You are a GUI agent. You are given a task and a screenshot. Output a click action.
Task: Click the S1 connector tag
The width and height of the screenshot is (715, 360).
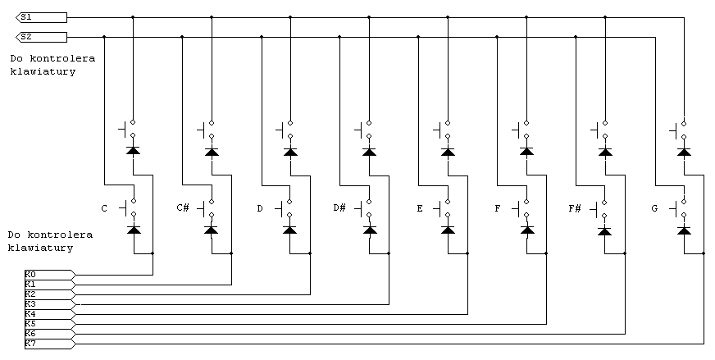tap(42, 17)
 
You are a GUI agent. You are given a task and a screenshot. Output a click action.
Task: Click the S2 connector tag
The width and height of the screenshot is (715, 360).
tap(42, 37)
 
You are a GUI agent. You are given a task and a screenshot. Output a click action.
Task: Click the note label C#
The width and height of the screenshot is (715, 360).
tap(183, 208)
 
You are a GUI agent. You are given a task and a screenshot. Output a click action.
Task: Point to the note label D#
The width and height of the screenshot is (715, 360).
tap(339, 208)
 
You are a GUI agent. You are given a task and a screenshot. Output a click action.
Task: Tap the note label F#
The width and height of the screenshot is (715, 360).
tap(575, 208)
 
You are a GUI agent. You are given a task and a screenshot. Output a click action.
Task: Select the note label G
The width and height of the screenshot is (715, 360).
tap(655, 208)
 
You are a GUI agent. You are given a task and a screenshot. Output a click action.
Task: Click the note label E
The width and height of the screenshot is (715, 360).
tap(420, 208)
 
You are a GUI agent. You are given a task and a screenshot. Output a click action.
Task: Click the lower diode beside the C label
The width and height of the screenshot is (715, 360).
tap(134, 230)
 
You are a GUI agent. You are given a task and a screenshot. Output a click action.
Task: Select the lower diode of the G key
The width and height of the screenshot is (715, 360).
tap(684, 230)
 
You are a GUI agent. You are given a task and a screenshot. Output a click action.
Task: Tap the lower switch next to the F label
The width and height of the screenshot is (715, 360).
tap(521, 208)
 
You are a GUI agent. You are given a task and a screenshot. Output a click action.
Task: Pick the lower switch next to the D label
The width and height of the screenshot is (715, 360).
tap(285, 208)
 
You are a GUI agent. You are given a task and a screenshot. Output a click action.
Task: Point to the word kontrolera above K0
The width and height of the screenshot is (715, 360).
tap(60, 235)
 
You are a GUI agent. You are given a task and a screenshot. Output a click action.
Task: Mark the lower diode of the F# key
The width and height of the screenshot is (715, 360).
tap(604, 231)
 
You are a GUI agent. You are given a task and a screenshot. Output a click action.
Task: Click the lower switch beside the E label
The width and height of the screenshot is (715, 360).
tap(442, 208)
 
